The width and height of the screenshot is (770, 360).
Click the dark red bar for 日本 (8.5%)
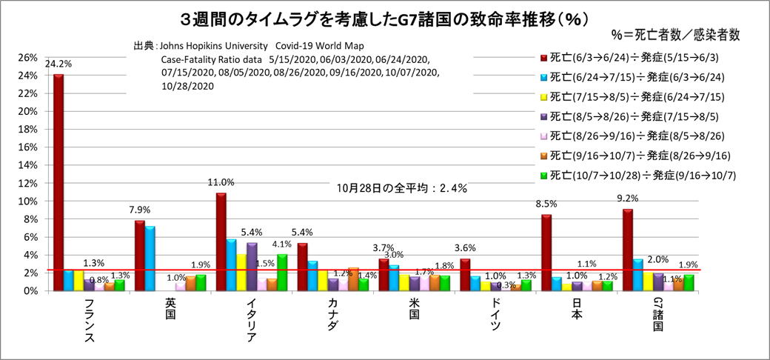point(546,253)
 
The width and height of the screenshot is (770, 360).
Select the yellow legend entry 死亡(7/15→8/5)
point(637,96)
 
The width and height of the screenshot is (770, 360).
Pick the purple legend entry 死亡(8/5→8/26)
point(637,116)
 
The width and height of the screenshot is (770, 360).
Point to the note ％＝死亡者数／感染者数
point(676,35)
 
